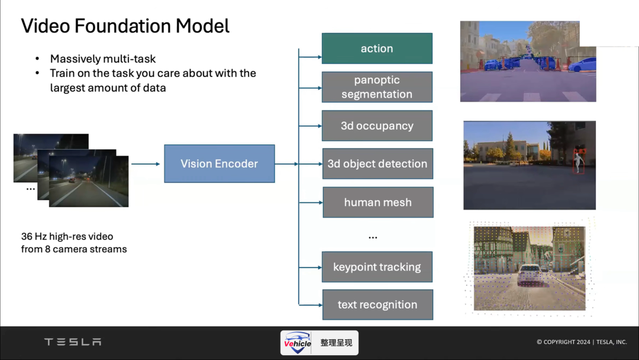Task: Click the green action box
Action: [x=377, y=49]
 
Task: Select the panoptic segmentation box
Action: [x=377, y=87]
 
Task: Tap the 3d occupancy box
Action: [x=377, y=126]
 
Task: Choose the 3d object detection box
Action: [x=377, y=163]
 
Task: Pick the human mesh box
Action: [x=377, y=202]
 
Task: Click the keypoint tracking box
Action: [x=377, y=267]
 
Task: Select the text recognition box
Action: [x=377, y=304]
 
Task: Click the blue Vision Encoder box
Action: [x=220, y=163]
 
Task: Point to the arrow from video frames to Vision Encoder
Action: [x=146, y=164]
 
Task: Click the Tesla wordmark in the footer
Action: [x=73, y=342]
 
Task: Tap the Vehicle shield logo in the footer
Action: [x=298, y=342]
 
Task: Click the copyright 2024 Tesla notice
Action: [x=582, y=342]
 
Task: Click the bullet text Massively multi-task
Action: [x=103, y=59]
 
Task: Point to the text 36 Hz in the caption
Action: [x=34, y=236]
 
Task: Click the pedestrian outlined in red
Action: [x=578, y=161]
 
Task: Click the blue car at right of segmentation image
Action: [x=582, y=65]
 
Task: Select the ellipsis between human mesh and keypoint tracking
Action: [x=373, y=237]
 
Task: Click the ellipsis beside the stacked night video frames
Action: [x=31, y=189]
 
